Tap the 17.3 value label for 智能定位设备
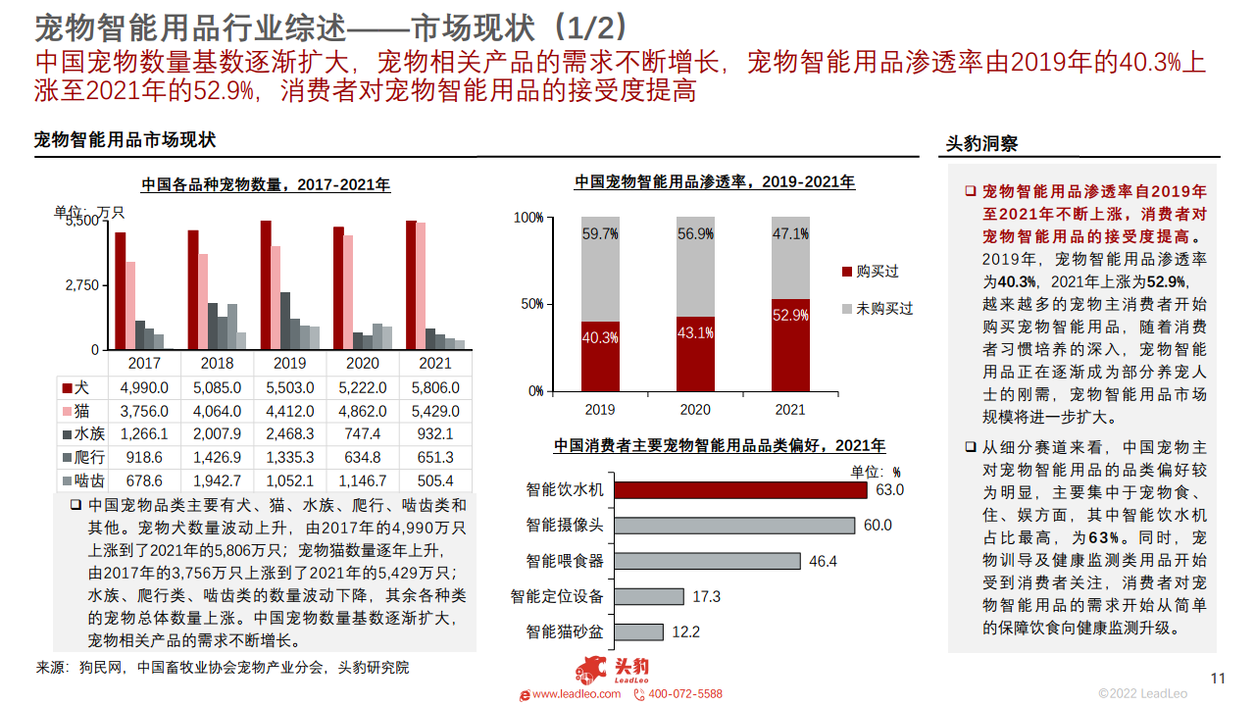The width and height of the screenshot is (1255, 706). tap(706, 596)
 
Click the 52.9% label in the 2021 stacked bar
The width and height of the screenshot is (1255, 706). tap(790, 315)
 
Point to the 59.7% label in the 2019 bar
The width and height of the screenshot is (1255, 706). tap(600, 233)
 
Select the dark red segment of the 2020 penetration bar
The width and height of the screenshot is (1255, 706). tap(695, 353)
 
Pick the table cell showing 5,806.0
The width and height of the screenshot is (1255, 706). tap(435, 388)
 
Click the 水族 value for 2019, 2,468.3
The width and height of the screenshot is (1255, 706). tap(290, 433)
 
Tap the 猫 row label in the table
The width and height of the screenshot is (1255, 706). tap(83, 411)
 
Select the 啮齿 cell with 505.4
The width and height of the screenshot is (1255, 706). tap(435, 480)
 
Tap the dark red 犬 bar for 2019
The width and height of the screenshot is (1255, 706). tap(265, 284)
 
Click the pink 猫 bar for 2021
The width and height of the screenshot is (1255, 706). tap(421, 285)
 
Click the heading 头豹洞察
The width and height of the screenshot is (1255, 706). tap(980, 143)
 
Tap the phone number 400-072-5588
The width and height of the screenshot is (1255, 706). tap(684, 694)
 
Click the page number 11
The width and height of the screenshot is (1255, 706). tap(1219, 678)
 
